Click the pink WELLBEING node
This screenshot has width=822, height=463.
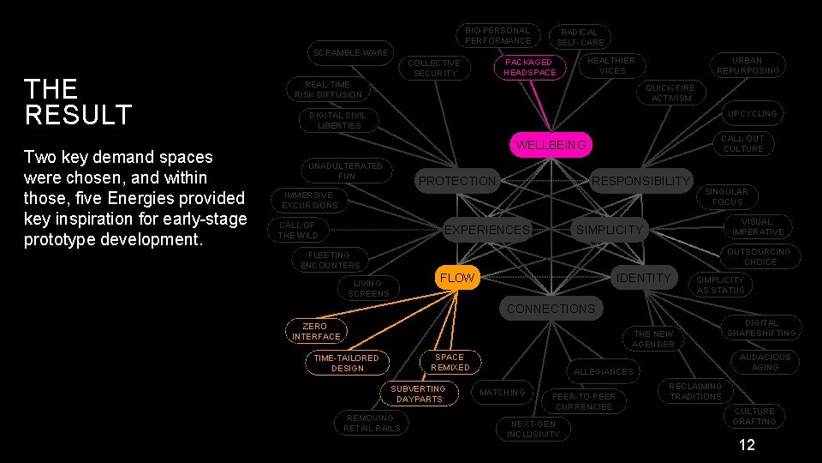pos(551,145)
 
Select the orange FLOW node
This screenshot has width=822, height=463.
pos(456,278)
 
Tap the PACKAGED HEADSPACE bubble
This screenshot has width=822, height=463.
pos(529,67)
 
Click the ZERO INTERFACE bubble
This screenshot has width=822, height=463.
pos(315,331)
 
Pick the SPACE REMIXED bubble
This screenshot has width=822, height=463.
pos(450,362)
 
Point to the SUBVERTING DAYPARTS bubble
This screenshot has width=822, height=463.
pos(418,394)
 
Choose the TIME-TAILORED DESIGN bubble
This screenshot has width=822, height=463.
pos(347,363)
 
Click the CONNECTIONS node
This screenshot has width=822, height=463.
pos(551,309)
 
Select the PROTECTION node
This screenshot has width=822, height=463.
pos(456,181)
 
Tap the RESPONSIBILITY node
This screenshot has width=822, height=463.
pos(640,180)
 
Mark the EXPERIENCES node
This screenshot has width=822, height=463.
pos(486,230)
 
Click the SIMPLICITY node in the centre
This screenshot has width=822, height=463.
pos(609,230)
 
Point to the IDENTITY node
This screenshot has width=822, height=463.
pos(644,278)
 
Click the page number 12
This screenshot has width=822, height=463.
pos(747,446)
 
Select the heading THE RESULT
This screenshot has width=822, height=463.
pos(78,101)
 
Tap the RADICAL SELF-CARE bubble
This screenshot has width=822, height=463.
pos(581,37)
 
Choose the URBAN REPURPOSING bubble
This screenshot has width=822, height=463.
pos(748,66)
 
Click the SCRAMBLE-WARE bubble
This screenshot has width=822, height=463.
pos(350,52)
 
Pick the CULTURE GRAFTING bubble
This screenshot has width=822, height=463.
pos(754,416)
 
